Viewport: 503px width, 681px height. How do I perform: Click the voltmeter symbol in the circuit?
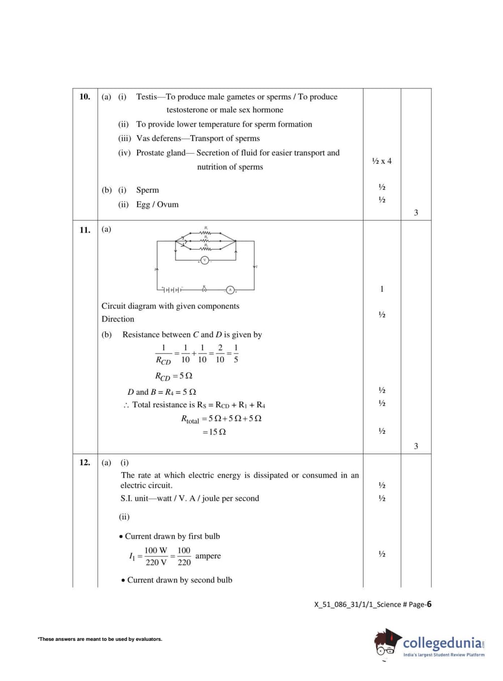pos(204,260)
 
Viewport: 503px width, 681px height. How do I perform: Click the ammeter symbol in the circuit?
pos(230,290)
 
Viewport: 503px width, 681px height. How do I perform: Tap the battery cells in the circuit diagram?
pos(172,290)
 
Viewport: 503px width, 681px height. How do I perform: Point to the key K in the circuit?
pos(204,289)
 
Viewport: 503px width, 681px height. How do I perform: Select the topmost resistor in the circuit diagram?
pos(205,233)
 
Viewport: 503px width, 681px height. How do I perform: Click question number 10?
pos(85,96)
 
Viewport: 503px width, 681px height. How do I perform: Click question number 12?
pos(85,463)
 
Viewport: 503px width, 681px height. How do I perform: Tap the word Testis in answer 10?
pos(147,96)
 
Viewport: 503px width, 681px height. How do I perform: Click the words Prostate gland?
pos(161,153)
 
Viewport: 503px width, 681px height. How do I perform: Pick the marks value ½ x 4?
pos(382,161)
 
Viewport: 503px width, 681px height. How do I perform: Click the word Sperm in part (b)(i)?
pos(148,190)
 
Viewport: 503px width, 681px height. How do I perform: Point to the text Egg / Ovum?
pos(157,204)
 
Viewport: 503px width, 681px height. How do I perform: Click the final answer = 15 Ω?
pos(214,432)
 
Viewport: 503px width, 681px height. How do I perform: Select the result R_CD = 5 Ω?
pos(174,376)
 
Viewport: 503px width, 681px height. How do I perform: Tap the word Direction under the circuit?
pos(118,319)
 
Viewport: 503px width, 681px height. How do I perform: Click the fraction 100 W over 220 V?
pos(156,556)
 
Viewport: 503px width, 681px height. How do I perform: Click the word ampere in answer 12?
pos(208,556)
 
